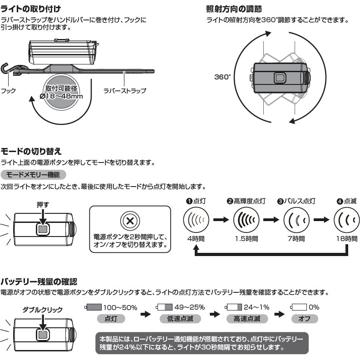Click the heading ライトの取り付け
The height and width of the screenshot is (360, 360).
click(30, 9)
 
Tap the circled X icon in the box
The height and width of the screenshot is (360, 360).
click(130, 221)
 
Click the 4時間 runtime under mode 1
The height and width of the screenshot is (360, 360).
click(196, 238)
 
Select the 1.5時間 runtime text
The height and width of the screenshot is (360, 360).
click(246, 238)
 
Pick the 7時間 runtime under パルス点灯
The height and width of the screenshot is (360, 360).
click(297, 238)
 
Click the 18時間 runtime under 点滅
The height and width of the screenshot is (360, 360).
click(347, 238)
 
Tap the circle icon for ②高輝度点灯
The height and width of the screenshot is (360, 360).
click(246, 220)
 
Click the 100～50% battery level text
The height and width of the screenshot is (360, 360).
click(120, 307)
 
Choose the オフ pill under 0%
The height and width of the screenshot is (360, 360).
click(305, 319)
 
